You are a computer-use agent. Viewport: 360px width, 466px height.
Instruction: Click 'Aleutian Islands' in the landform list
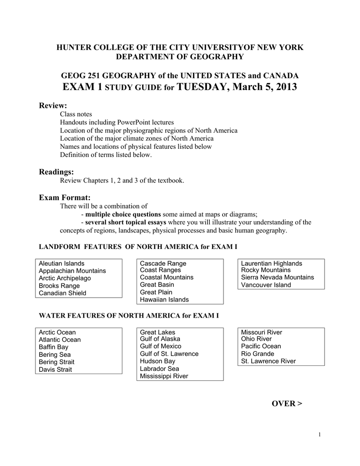(61, 263)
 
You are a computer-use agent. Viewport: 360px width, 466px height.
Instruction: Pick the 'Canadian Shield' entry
(62, 293)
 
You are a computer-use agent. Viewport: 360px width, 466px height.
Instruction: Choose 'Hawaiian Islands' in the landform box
(164, 299)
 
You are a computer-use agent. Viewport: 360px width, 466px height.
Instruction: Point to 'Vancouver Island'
(266, 285)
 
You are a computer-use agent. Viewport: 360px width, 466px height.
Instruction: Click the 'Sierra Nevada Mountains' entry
(277, 277)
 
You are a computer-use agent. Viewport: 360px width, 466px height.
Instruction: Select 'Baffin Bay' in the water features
(53, 347)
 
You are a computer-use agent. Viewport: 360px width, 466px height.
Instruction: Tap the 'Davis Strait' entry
(55, 370)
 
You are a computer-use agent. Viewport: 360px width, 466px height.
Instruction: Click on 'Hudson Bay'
(157, 361)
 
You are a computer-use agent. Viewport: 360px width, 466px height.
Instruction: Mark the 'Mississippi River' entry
(164, 376)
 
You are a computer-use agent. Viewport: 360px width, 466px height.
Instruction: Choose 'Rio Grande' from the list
(258, 354)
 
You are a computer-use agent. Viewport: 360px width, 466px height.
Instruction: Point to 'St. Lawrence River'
(268, 361)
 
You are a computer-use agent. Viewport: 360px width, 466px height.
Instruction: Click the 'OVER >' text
(287, 404)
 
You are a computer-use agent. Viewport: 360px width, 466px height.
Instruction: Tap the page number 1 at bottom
(320, 435)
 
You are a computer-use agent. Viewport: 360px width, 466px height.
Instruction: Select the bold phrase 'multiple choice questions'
(123, 214)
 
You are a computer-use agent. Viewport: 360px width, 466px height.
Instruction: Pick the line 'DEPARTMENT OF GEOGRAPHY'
(180, 56)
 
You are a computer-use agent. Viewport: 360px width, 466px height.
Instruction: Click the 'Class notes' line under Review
(76, 114)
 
